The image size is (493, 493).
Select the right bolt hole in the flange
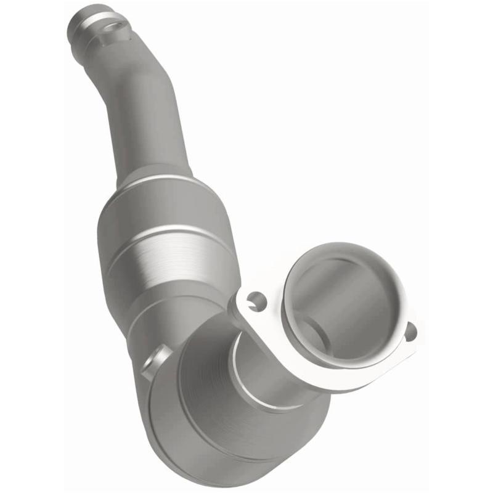(x=410, y=332)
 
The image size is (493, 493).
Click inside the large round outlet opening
(x=345, y=308)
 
